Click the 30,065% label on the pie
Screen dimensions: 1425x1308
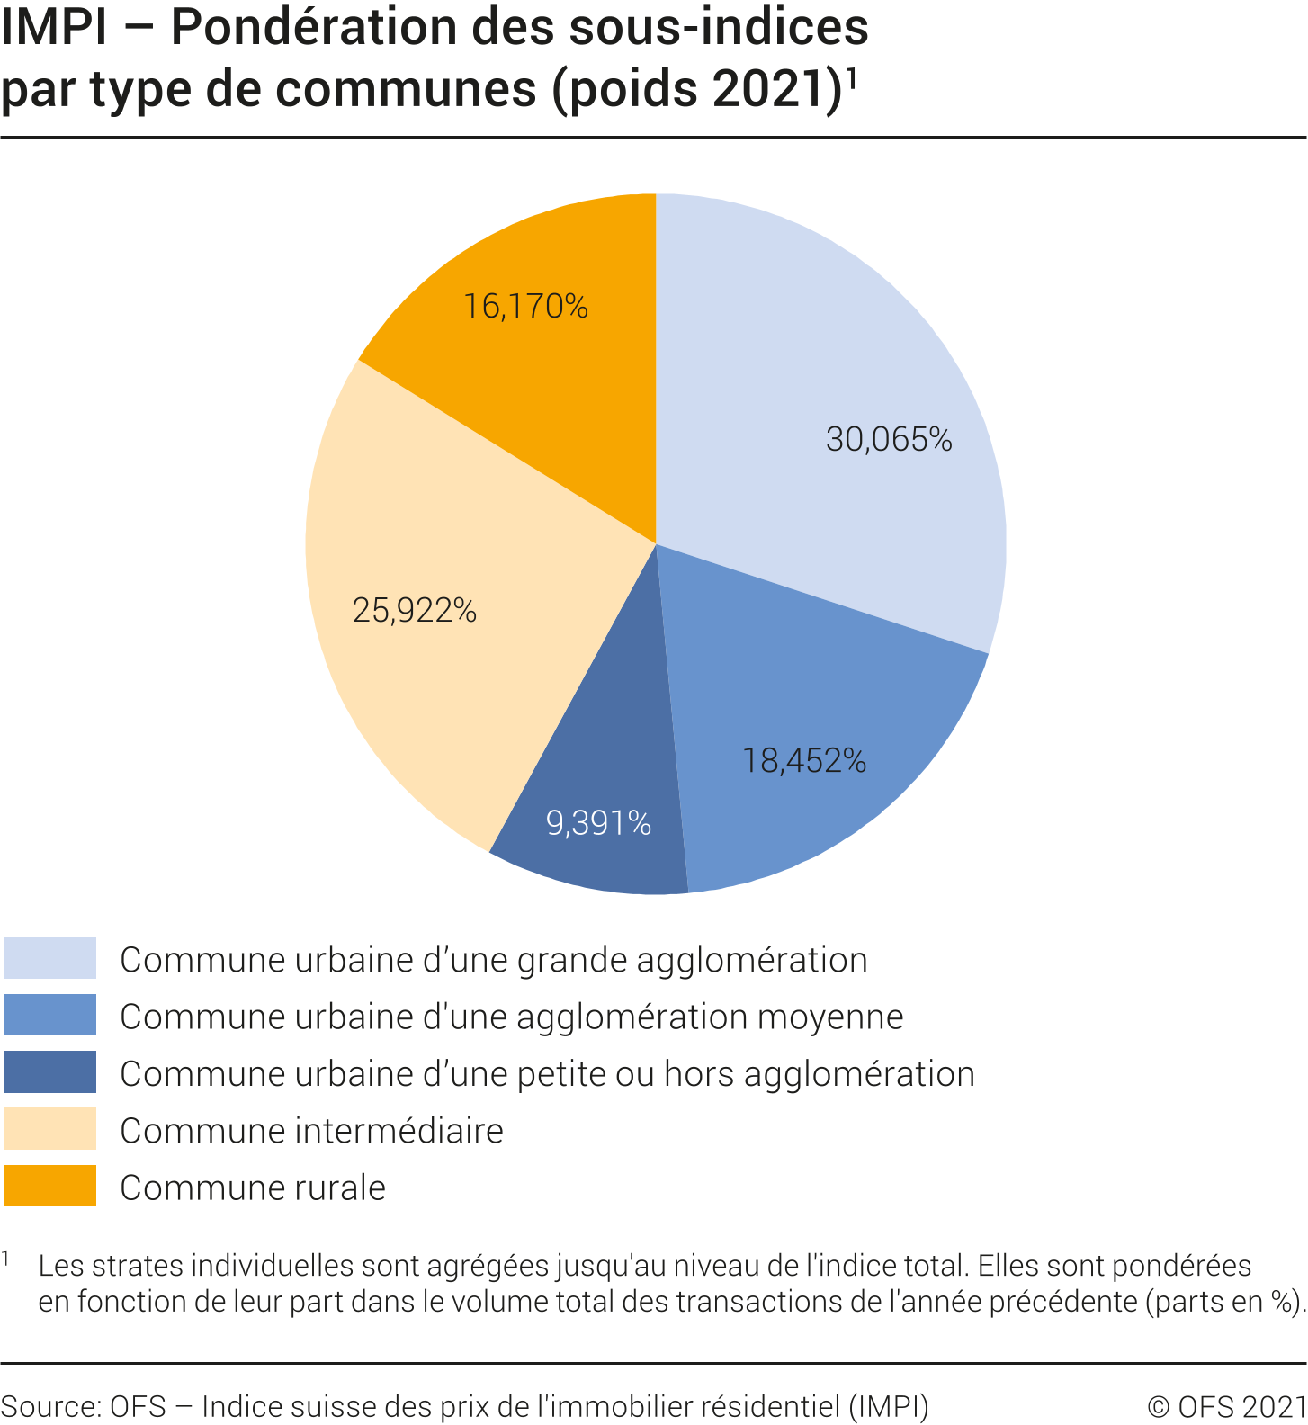pos(889,439)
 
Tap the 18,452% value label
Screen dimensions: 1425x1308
pos(804,761)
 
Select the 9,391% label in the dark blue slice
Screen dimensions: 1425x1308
pos(598,822)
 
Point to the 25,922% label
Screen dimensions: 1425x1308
pos(415,611)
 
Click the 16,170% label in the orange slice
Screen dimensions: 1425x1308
pos(525,307)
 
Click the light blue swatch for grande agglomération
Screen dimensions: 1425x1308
pos(49,958)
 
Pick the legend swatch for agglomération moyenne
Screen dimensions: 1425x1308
pos(49,1015)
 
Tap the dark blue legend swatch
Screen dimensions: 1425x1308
pos(49,1072)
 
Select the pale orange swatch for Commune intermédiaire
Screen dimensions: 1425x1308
pos(49,1129)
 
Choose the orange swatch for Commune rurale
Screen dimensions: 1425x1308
pos(49,1186)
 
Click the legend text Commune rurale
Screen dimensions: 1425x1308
pos(253,1187)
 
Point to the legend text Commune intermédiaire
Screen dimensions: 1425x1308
pos(311,1131)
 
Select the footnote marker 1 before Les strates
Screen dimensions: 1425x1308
pos(5,1259)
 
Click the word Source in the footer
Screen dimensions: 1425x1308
pos(49,1405)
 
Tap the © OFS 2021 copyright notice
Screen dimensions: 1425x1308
pos(1226,1405)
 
